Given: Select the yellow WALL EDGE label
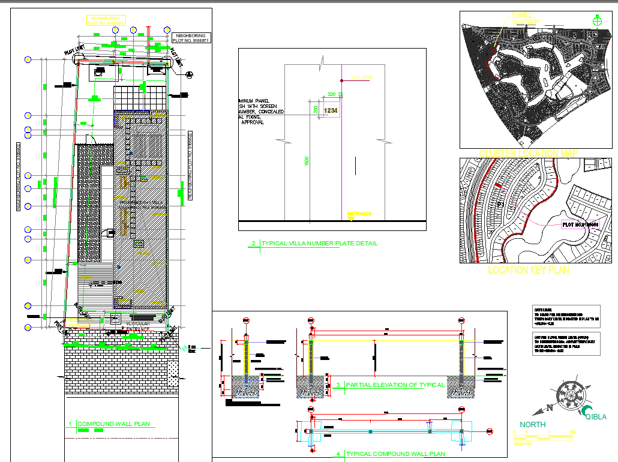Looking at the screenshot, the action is (x=362, y=78).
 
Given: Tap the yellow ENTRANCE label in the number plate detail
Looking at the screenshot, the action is (x=359, y=214).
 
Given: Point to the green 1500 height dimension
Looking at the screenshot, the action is (x=307, y=161).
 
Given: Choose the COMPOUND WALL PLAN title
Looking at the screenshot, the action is (x=113, y=424).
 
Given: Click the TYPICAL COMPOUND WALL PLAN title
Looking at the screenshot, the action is (x=395, y=454).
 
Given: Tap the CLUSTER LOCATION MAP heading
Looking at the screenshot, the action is (x=528, y=153).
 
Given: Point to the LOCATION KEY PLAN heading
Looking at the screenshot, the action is (x=528, y=271).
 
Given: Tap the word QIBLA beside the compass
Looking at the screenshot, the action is (x=595, y=417).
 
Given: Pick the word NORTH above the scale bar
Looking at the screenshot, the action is (x=532, y=425).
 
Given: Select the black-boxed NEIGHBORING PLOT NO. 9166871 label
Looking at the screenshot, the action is (x=191, y=38).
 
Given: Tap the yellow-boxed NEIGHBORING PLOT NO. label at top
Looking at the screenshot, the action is (x=106, y=21).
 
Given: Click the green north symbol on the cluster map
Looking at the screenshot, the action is (x=596, y=20).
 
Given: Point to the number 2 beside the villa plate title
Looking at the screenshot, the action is (x=254, y=244).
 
